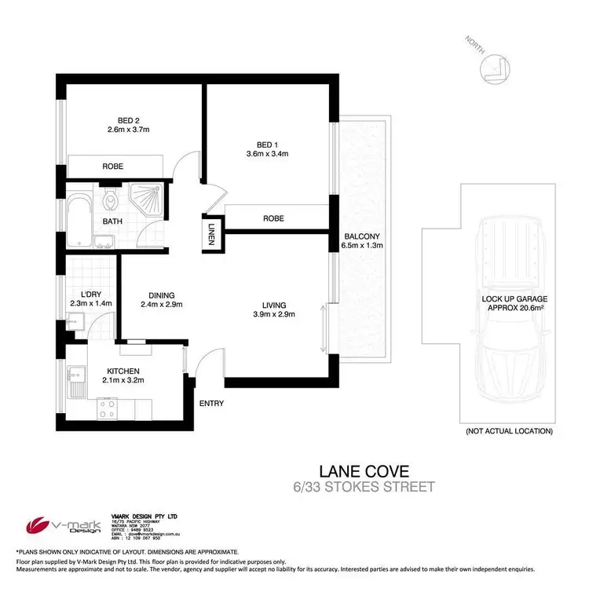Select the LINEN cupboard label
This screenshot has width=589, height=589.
coord(211,233)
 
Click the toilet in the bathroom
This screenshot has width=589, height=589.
coord(112,199)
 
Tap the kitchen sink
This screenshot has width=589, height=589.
coord(77,382)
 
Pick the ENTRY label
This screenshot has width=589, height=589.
coord(212,404)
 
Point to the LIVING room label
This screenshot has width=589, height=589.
coord(275,305)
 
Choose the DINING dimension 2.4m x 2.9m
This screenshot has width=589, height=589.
coord(162,305)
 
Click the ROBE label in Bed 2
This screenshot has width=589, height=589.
coord(114,166)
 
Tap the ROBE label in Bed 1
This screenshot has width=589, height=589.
coord(273,218)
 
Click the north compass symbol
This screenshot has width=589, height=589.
coord(496,69)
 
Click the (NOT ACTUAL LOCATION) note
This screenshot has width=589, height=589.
coord(509,431)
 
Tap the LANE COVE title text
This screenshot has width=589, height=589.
coord(364,471)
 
